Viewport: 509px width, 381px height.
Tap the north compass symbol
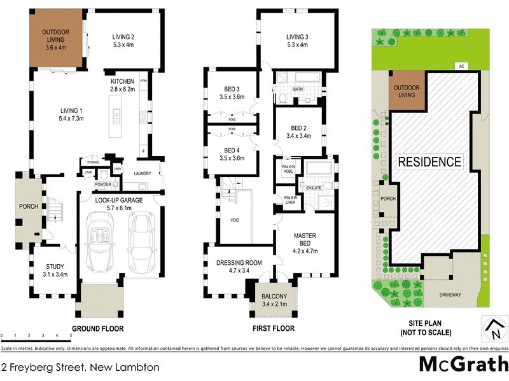click(494, 328)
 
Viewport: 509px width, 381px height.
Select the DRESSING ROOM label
click(239, 263)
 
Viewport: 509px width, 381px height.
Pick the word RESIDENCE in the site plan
click(429, 162)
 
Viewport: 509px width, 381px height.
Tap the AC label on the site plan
click(459, 66)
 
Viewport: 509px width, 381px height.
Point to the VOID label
click(235, 220)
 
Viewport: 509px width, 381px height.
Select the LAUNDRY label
click(143, 173)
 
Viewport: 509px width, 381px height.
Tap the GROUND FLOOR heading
click(97, 329)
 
